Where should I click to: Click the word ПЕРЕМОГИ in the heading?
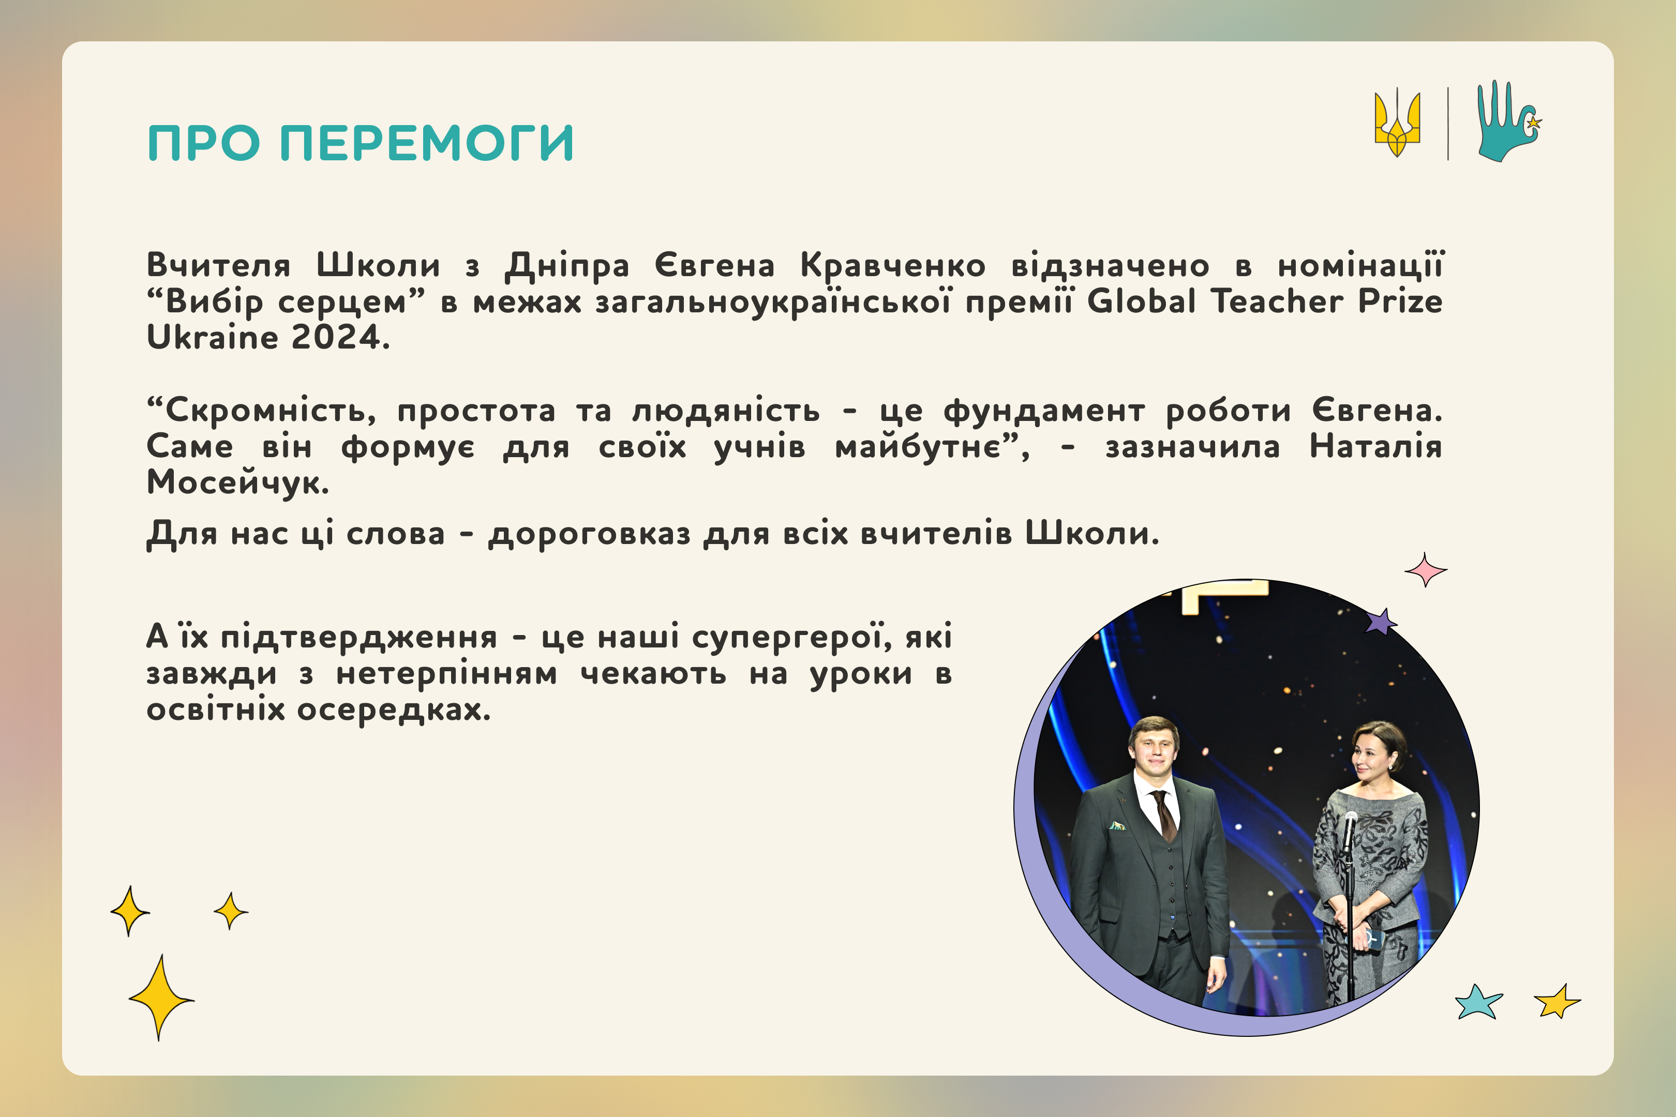[x=427, y=143]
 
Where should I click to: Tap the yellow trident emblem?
[x=1397, y=123]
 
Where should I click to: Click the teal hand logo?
[x=1508, y=121]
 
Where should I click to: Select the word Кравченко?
[x=893, y=265]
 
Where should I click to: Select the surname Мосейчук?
[x=237, y=482]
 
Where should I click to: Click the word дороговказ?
[x=589, y=534]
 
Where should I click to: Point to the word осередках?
[x=394, y=710]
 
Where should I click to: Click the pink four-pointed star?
[x=1425, y=570]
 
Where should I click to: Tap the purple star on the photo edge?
[x=1380, y=622]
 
